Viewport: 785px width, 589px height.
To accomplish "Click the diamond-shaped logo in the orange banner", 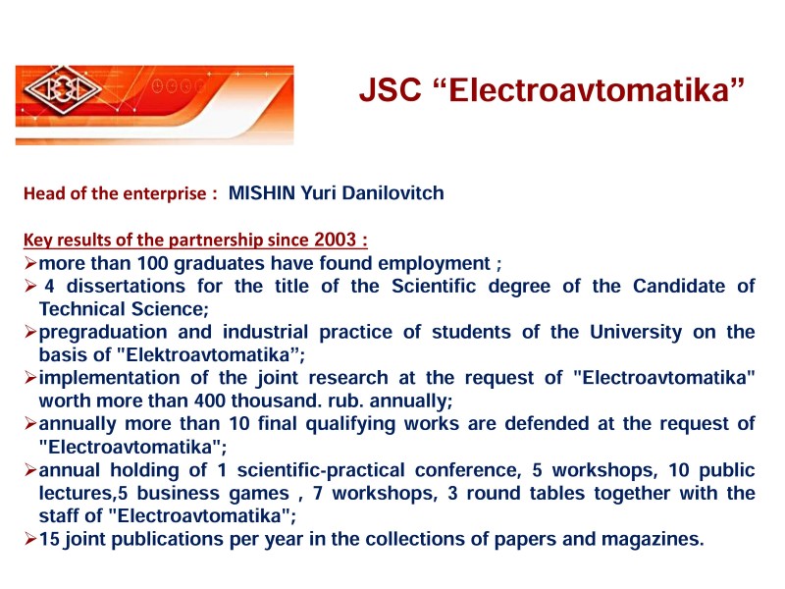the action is [63, 89].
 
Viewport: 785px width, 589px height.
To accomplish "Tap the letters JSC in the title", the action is [390, 90].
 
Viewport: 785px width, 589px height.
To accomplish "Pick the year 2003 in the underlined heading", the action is [335, 240].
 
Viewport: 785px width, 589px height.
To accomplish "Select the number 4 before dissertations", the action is [49, 286].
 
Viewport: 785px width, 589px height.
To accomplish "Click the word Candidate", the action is [679, 286].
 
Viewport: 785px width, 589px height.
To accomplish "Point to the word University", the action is [636, 332].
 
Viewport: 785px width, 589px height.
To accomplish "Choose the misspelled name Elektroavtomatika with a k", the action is [208, 354].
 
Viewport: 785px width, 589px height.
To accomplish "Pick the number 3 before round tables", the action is [452, 494].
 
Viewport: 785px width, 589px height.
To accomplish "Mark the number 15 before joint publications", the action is [50, 539].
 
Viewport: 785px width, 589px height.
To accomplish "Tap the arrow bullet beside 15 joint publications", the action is [30, 539].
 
